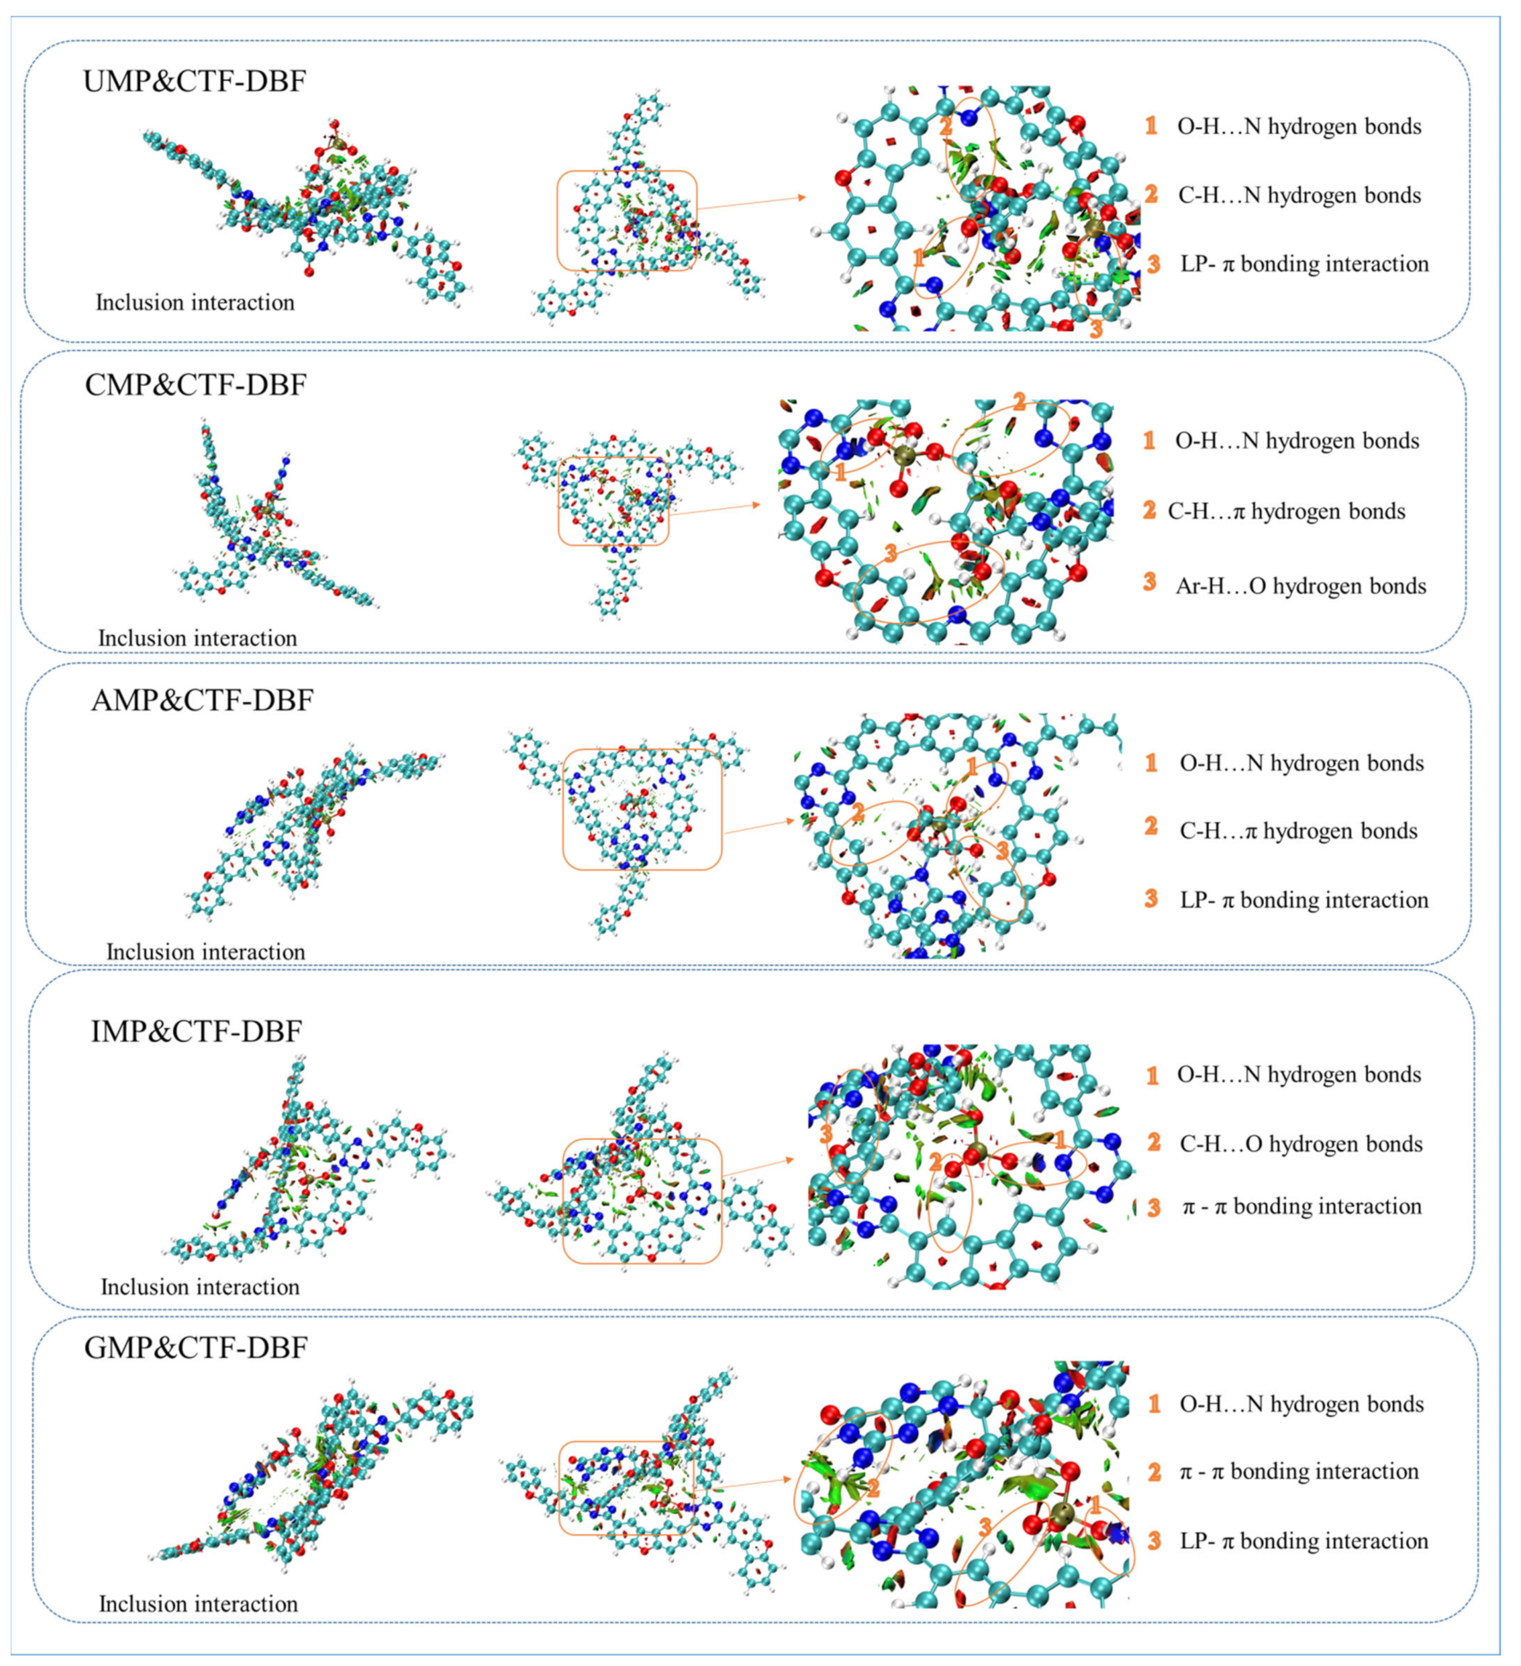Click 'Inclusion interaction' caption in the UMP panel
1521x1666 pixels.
click(x=195, y=303)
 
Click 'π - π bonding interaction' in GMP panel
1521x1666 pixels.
click(x=1299, y=1471)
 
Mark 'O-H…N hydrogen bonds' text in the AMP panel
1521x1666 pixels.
click(x=1301, y=763)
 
